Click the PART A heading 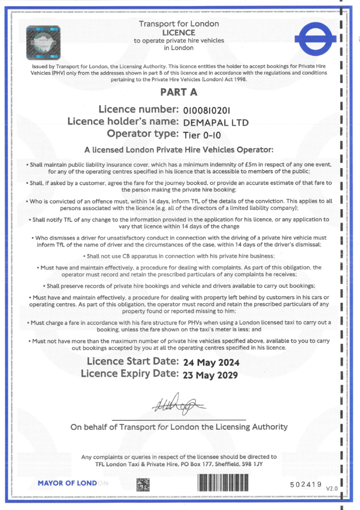pos(179,92)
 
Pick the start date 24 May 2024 pos(211,362)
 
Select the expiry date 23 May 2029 pos(211,374)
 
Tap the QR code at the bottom pos(143,485)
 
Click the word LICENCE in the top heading pos(179,32)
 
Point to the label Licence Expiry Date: pos(129,374)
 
